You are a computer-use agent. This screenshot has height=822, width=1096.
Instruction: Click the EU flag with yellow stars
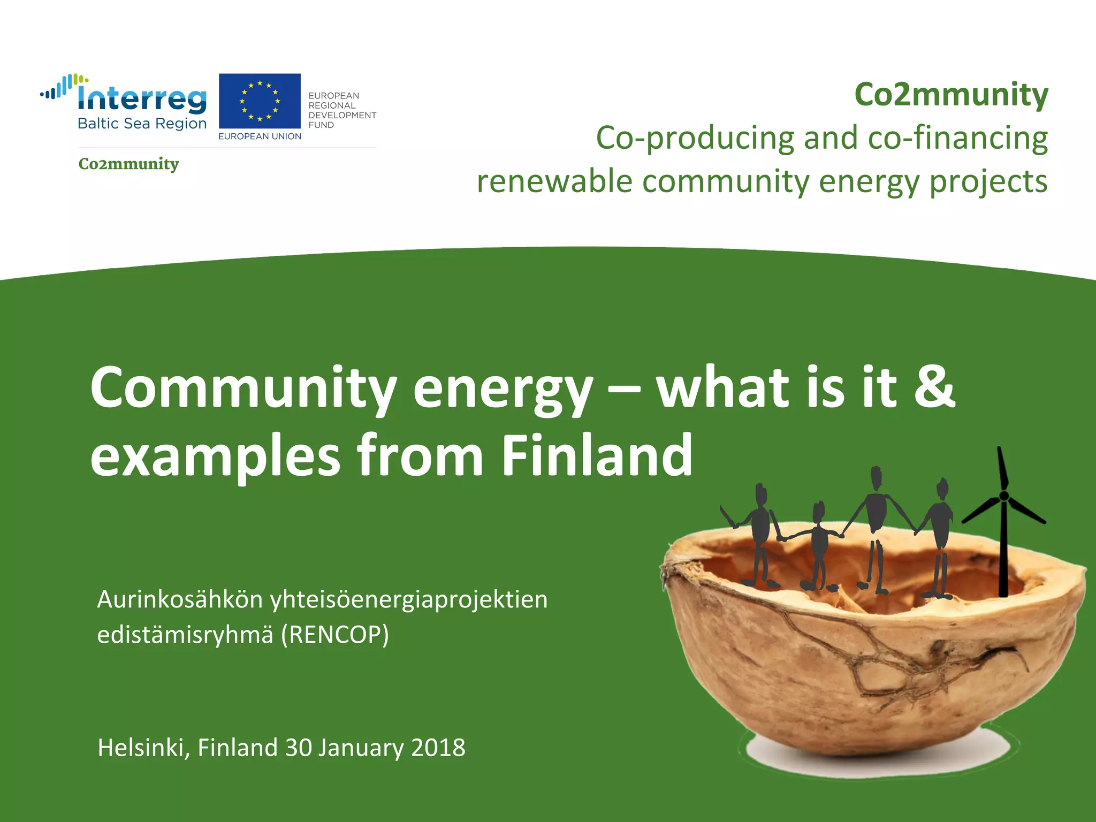260,101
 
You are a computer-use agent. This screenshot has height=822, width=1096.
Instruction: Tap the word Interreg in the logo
142,99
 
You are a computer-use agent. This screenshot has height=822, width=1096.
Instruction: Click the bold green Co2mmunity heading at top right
951,95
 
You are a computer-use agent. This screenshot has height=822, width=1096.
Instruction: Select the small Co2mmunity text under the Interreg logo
128,164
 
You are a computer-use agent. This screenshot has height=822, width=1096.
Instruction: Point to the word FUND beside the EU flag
321,125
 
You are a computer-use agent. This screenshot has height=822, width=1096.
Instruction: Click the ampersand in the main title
934,386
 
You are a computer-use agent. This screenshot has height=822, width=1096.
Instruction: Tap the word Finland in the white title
597,455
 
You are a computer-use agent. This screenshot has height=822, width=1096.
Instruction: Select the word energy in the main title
503,388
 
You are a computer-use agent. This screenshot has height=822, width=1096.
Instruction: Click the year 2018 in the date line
438,748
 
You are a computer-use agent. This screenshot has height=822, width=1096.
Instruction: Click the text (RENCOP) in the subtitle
335,635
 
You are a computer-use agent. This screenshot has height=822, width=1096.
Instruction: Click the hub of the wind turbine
1004,496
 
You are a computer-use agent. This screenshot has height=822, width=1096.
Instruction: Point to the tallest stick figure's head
876,477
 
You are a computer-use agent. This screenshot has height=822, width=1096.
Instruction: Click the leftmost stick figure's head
760,493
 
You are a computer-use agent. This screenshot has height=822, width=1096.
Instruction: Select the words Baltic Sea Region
142,124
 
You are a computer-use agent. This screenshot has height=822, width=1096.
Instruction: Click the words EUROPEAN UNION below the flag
260,136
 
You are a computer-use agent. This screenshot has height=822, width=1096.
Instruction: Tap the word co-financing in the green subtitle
957,138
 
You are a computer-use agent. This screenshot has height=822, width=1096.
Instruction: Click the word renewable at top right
554,182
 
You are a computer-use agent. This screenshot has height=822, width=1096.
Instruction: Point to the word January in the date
361,748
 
